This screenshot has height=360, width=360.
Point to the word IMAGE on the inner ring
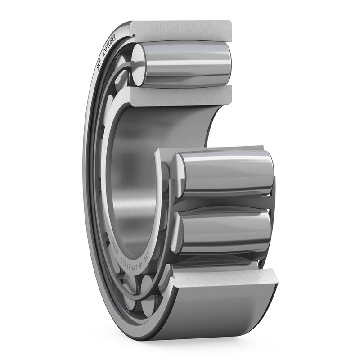[115, 247]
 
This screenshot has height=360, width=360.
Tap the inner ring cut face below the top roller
[180, 95]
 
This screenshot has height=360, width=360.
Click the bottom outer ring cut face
[225, 279]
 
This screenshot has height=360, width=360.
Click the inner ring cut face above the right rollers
[211, 151]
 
